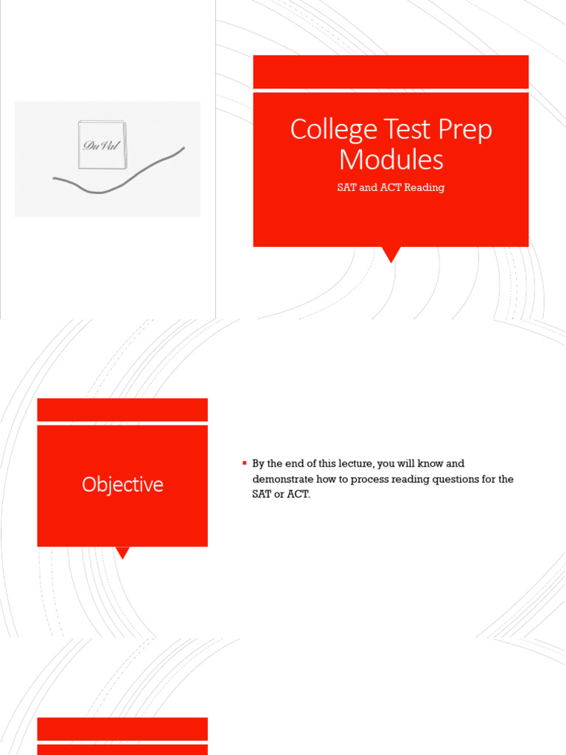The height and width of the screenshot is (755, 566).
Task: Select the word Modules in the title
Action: pos(391,159)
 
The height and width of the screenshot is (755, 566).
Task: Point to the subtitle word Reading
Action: pos(424,187)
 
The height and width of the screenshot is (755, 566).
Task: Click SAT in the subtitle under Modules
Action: pos(346,187)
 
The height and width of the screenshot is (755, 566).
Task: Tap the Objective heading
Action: pos(122,484)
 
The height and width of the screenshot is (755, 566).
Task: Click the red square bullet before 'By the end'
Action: pos(244,463)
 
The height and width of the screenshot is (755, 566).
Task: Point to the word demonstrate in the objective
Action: pos(282,479)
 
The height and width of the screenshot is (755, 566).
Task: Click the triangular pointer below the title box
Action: pos(391,254)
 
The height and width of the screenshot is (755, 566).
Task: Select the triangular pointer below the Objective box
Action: pos(123,552)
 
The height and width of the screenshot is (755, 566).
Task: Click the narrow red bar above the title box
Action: pos(391,72)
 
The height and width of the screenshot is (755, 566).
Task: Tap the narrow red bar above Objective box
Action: pos(122,409)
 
